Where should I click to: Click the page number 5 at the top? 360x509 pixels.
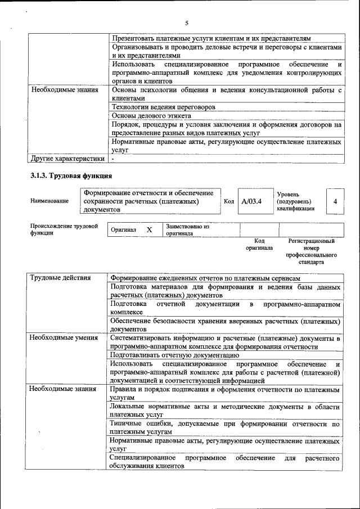[186, 22]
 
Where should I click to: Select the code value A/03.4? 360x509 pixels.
[251, 201]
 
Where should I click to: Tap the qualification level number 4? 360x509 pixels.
[335, 201]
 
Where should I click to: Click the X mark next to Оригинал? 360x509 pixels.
[149, 230]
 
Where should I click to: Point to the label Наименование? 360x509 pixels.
[49, 201]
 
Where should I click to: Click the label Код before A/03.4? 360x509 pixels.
[228, 201]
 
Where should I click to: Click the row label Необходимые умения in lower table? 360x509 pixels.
[63, 338]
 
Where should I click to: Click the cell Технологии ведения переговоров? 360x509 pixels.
[163, 107]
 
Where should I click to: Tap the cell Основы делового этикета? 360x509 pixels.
[151, 115]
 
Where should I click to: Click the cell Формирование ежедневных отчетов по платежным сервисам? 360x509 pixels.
[205, 278]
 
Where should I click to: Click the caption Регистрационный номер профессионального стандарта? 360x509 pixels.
[311, 251]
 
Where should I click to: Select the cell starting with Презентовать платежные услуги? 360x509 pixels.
[210, 38]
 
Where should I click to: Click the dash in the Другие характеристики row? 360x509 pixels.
[113, 159]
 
